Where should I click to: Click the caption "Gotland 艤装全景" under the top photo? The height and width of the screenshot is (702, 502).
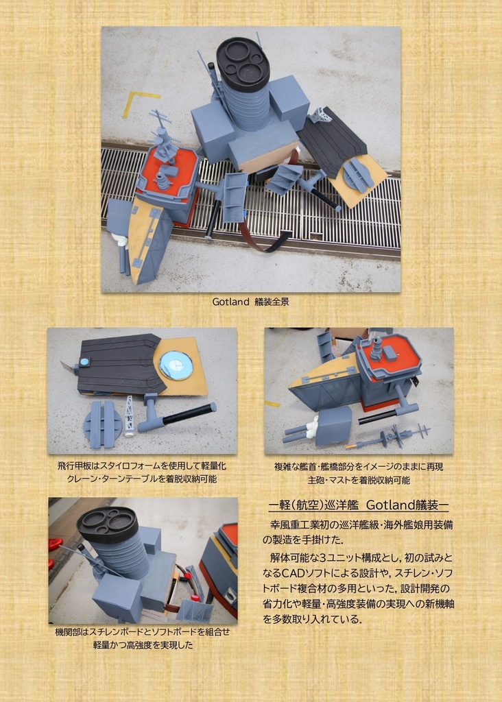pyautogui.click(x=250, y=302)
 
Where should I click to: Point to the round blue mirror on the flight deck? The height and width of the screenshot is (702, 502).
pyautogui.click(x=176, y=365)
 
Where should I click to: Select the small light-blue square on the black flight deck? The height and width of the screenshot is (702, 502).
pyautogui.click(x=84, y=361)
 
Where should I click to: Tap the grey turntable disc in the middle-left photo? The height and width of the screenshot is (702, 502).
pyautogui.click(x=103, y=424)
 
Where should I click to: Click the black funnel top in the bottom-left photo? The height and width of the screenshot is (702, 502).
pyautogui.click(x=108, y=524)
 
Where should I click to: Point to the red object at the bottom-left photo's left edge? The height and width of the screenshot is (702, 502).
pyautogui.click(x=54, y=544)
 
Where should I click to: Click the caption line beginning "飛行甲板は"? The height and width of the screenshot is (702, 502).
pyautogui.click(x=142, y=465)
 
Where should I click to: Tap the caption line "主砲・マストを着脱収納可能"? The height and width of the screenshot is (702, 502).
pyautogui.click(x=359, y=480)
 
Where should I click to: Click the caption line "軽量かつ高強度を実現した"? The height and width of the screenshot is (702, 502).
pyautogui.click(x=143, y=645)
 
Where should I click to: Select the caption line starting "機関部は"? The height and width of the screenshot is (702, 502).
pyautogui.click(x=142, y=631)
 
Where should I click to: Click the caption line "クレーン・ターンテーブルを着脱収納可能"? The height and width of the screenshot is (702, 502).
pyautogui.click(x=141, y=479)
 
